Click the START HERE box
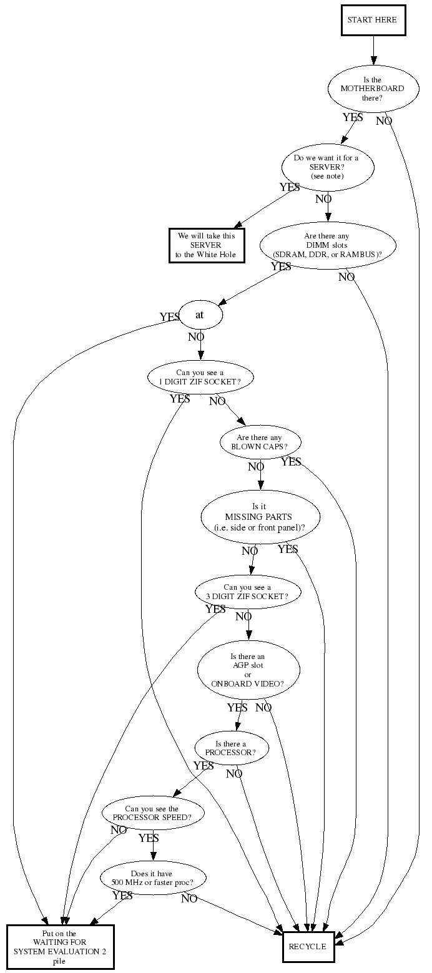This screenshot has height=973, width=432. click(x=372, y=20)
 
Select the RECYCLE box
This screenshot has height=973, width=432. click(x=308, y=946)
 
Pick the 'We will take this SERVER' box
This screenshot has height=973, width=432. click(x=207, y=245)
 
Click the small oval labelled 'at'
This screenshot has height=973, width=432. click(x=200, y=315)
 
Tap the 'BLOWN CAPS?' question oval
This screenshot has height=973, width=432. click(x=260, y=442)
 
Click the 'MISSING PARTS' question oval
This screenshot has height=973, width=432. click(x=260, y=517)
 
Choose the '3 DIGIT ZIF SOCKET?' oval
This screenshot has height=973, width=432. click(x=247, y=592)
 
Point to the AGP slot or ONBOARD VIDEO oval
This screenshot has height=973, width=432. click(x=248, y=670)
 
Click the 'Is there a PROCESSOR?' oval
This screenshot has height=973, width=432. click(x=231, y=748)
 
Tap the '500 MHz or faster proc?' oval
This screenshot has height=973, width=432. click(x=153, y=878)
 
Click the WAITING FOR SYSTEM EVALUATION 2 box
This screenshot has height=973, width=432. click(x=61, y=946)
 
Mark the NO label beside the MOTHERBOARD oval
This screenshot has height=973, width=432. click(x=384, y=120)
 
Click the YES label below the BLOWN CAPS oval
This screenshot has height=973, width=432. click(x=291, y=462)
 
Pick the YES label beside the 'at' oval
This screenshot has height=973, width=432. click(x=169, y=317)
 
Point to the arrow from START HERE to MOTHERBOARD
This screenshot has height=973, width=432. click(x=373, y=50)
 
